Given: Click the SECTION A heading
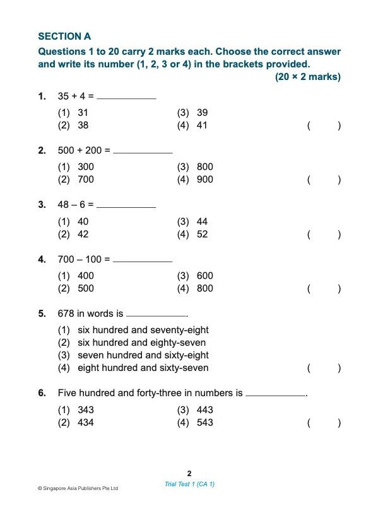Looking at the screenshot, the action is (x=64, y=37).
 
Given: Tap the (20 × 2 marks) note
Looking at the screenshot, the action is (x=307, y=77).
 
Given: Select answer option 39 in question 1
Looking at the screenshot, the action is (x=201, y=113).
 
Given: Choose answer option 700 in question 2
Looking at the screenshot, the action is (x=85, y=180).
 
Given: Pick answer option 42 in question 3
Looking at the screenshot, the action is (x=83, y=234).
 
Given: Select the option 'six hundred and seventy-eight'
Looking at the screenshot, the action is (x=143, y=330).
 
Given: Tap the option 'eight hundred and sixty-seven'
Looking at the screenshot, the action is (x=143, y=368).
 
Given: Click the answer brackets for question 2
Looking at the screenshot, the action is (x=324, y=180).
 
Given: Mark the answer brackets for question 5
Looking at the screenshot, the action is (x=324, y=368).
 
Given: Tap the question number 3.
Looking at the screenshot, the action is (x=42, y=204).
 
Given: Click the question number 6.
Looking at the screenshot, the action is (x=42, y=393).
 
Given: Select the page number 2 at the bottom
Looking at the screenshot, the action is (x=189, y=473).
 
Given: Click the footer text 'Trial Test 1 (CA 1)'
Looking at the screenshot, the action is (x=189, y=484).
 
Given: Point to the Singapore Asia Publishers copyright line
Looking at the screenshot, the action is (x=78, y=488).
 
